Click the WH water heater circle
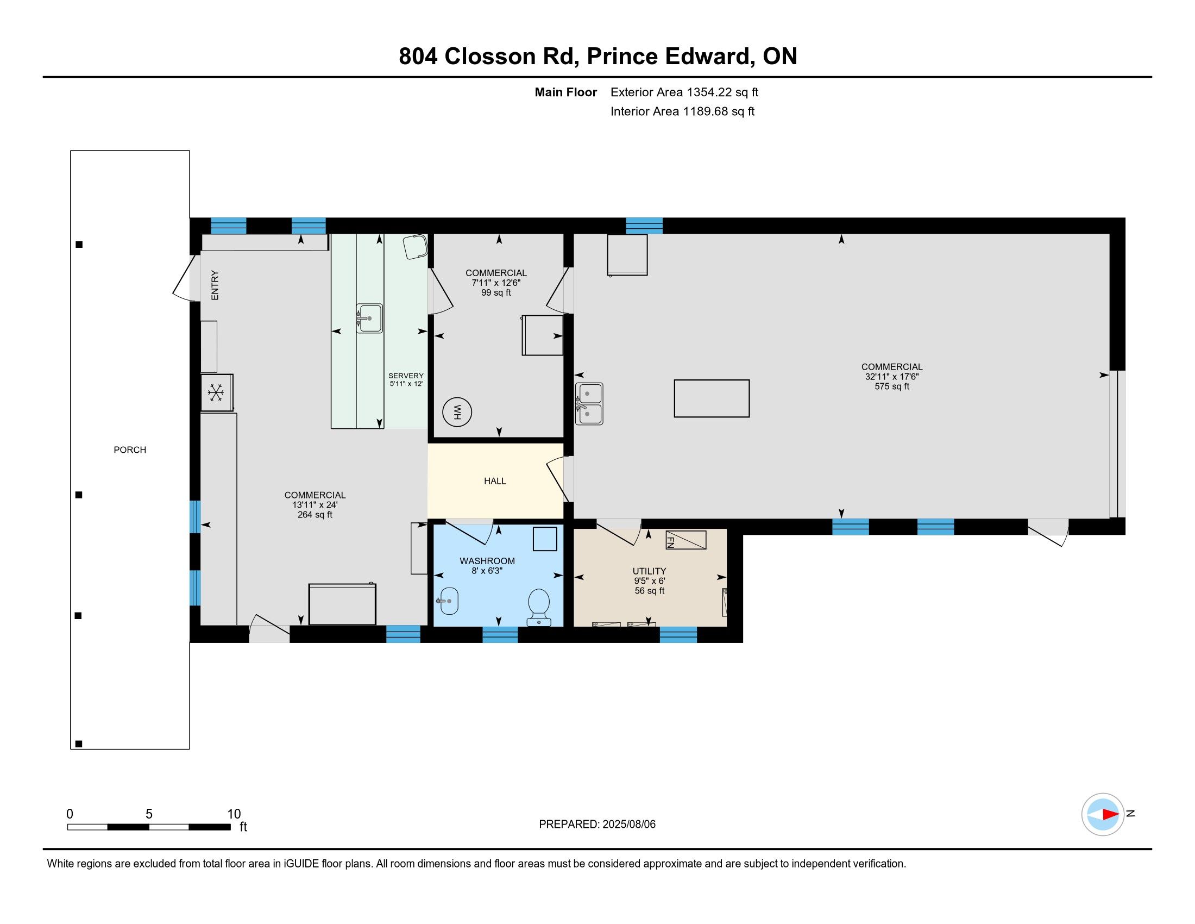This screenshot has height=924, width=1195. pyautogui.click(x=457, y=412)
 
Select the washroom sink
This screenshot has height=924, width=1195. pyautogui.click(x=448, y=601)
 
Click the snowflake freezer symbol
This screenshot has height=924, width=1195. pyautogui.click(x=216, y=392)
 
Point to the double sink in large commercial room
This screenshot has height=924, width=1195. pyautogui.click(x=589, y=404)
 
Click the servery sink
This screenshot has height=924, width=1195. pyautogui.click(x=369, y=318)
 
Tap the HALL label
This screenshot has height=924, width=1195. pyautogui.click(x=495, y=481)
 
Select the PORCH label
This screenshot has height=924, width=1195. pyautogui.click(x=130, y=450)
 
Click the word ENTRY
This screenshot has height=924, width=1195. pyautogui.click(x=215, y=285)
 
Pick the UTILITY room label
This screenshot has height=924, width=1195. pyautogui.click(x=650, y=571)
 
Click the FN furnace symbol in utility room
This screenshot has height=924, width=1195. pyautogui.click(x=685, y=540)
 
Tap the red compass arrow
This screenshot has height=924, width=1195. pyautogui.click(x=1110, y=815)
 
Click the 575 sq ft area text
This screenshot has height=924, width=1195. pyautogui.click(x=892, y=386)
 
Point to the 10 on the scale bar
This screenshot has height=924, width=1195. pyautogui.click(x=234, y=814)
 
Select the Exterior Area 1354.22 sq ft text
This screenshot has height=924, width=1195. pyautogui.click(x=684, y=92)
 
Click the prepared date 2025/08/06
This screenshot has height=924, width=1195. pyautogui.click(x=628, y=825)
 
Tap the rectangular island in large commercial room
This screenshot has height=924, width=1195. pyautogui.click(x=712, y=398)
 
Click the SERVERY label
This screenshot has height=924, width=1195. pyautogui.click(x=406, y=376)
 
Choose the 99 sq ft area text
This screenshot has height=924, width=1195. pyautogui.click(x=496, y=293)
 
